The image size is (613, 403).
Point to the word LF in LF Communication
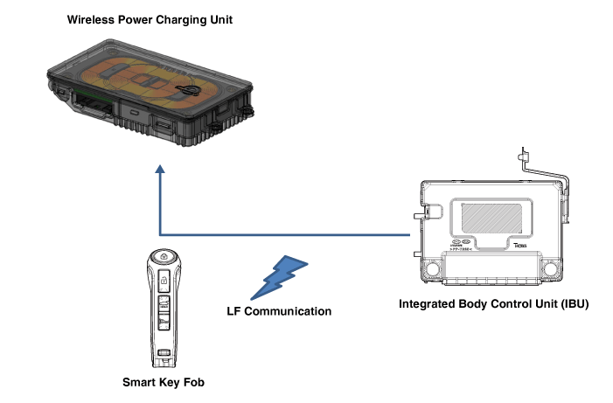click(x=233, y=310)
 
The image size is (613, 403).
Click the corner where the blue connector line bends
click(x=160, y=234)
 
